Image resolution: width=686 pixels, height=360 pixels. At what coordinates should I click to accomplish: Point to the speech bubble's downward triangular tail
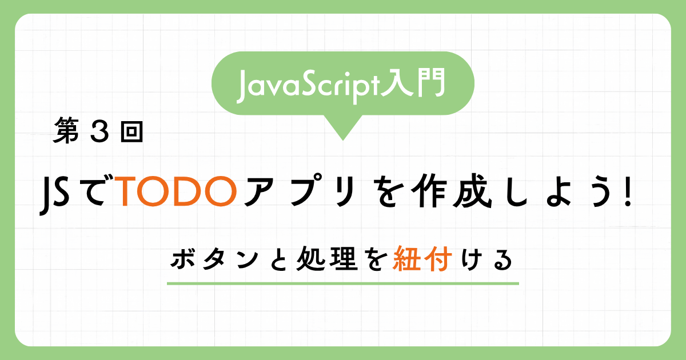coord(343,126)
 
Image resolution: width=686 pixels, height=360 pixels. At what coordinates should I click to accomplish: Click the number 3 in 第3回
coord(100,132)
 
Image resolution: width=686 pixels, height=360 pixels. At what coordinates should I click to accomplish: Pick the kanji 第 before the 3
coord(66,131)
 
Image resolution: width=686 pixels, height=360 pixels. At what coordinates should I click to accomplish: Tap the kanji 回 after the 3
coord(131,132)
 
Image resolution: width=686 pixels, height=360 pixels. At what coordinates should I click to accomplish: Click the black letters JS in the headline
coord(54,196)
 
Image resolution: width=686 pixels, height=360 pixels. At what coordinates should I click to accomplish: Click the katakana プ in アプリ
coord(306,190)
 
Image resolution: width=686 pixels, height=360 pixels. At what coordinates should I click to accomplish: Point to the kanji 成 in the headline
coord(473,191)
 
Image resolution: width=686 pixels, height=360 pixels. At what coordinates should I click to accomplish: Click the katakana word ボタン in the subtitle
coord(214,259)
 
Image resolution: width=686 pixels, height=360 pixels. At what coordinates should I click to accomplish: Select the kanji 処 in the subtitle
coord(311,259)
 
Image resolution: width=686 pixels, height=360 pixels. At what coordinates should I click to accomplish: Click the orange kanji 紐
coord(405,259)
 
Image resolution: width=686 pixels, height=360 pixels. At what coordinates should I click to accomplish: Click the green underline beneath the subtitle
coord(343,284)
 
